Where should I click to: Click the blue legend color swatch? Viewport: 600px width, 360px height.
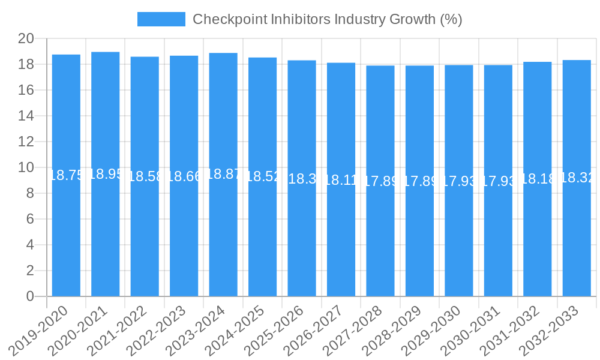(x=161, y=19)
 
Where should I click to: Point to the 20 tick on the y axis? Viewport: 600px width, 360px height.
(x=26, y=39)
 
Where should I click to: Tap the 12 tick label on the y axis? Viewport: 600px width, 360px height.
(x=26, y=142)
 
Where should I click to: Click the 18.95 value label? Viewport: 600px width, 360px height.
(x=106, y=174)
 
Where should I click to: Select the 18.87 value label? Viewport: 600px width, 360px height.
(x=223, y=174)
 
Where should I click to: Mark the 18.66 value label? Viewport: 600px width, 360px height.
(x=184, y=176)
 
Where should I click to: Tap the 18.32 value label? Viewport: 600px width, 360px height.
(x=577, y=178)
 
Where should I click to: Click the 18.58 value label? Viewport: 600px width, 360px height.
(x=145, y=176)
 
